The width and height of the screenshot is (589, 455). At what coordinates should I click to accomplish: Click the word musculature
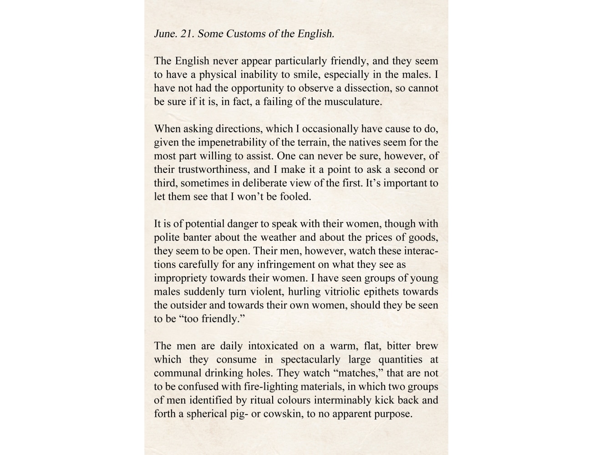click(x=353, y=101)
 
